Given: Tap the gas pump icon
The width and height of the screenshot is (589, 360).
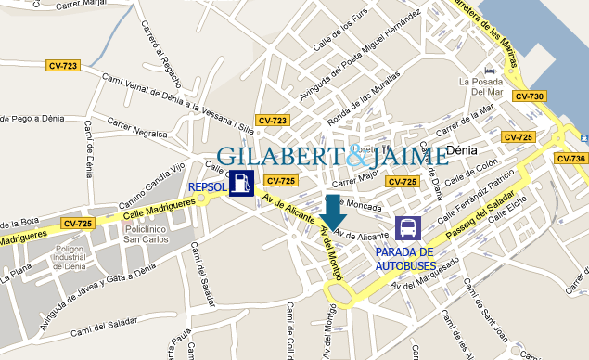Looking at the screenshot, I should click(x=240, y=183).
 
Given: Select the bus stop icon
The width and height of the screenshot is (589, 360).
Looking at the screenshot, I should click(x=407, y=228).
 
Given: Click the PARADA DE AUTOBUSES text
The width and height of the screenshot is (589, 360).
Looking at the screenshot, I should click(x=404, y=259).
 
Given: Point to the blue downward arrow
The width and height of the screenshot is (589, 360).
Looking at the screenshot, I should click(x=332, y=212).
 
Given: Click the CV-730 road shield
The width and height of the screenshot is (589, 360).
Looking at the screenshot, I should click(x=530, y=96).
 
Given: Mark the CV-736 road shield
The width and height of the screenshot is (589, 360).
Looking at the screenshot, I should click(x=570, y=159).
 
